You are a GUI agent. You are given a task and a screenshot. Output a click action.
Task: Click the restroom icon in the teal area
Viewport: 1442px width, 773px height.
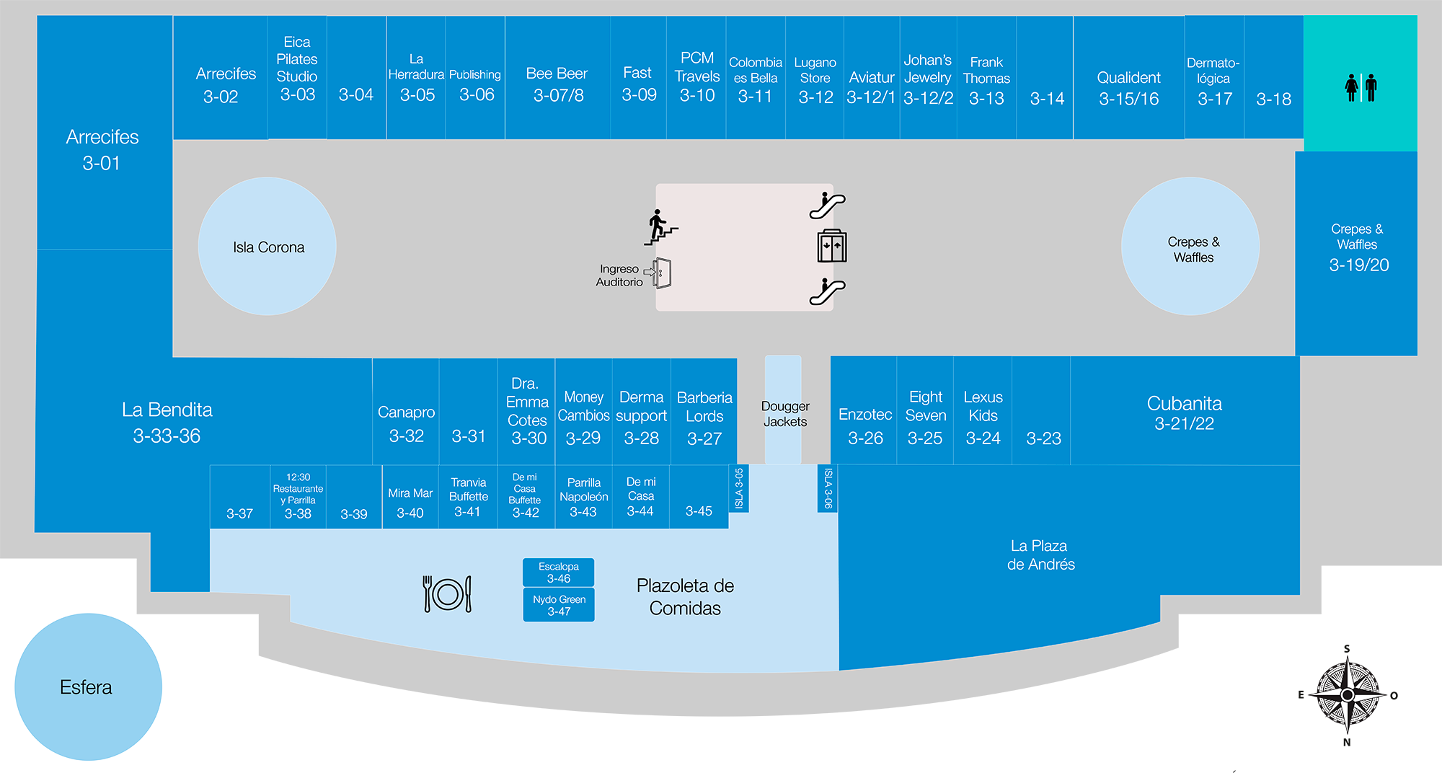point(1361,88)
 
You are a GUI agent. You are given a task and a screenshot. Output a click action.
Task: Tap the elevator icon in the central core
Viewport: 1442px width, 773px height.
point(831,247)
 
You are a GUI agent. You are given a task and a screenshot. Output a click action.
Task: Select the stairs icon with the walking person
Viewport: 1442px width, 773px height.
point(660,227)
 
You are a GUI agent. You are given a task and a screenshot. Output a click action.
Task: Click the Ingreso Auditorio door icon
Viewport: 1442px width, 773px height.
point(662,273)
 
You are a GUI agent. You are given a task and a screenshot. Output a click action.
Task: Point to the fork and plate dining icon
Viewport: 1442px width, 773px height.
point(447,593)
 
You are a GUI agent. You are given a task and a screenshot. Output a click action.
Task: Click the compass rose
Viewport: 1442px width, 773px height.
point(1347,695)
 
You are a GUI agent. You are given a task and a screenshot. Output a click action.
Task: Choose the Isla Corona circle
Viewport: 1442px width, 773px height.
point(267,247)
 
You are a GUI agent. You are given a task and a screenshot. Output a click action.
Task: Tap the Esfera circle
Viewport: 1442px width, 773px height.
point(87,686)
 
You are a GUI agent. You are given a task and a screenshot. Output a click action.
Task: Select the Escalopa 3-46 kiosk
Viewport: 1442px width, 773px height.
point(558,573)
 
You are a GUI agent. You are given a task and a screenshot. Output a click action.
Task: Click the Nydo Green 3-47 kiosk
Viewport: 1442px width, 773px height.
point(558,605)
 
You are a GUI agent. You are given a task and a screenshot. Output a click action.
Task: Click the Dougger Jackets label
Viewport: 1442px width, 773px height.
point(784,414)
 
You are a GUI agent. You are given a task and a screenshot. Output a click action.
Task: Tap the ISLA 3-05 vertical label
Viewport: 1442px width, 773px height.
point(738,488)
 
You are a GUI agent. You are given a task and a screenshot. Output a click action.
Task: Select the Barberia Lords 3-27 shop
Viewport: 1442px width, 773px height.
point(704,417)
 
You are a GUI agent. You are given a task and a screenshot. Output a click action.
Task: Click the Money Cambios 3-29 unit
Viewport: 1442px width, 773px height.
point(583,417)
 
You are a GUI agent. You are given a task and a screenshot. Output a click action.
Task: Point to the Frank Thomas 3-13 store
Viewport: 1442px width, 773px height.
point(986,79)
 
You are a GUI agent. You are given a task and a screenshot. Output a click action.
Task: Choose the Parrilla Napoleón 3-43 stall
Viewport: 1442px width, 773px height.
point(583,498)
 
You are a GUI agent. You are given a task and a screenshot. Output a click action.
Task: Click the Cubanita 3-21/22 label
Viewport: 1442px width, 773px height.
point(1184,412)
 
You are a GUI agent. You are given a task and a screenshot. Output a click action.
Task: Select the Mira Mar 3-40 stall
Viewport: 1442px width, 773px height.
point(410,502)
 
